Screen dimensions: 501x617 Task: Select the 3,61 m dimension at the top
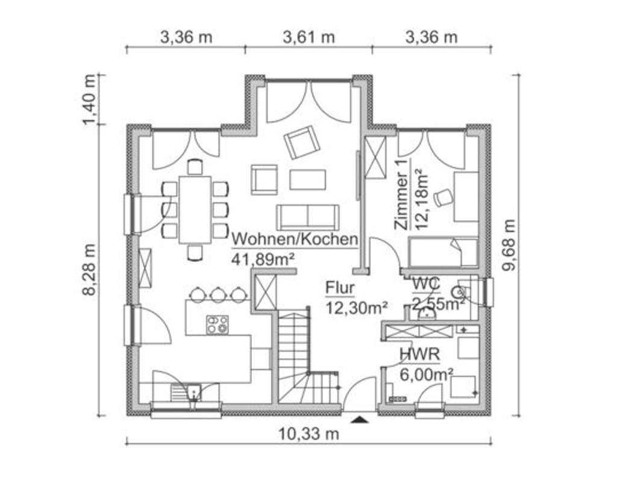click(x=308, y=37)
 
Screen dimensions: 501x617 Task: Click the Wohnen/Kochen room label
click(x=295, y=239)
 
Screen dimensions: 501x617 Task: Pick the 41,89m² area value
click(x=263, y=259)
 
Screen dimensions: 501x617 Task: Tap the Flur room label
click(x=340, y=288)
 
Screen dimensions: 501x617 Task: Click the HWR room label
click(x=419, y=355)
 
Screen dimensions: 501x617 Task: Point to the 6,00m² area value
click(x=427, y=374)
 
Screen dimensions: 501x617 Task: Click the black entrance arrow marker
click(x=360, y=420)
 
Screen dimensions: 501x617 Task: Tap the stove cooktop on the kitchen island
click(x=217, y=325)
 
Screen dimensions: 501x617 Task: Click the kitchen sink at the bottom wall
click(x=194, y=392)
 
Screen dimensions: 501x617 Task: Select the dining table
click(x=195, y=210)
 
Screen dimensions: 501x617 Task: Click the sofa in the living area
click(x=307, y=217)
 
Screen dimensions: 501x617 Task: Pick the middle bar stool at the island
click(x=218, y=294)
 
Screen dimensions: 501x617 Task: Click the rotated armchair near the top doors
click(x=302, y=142)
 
